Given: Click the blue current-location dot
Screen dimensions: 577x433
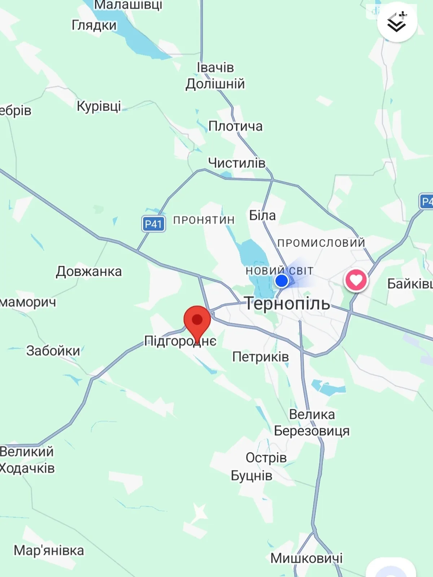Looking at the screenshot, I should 281,281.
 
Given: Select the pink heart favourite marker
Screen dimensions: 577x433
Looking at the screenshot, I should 356,280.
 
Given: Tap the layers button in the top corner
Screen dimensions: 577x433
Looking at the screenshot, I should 397,22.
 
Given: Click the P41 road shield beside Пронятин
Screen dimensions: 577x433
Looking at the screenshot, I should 153,224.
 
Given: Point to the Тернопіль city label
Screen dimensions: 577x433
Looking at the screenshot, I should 287,304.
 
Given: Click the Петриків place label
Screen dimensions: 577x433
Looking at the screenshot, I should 261,357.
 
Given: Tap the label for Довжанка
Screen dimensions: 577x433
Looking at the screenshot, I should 89,272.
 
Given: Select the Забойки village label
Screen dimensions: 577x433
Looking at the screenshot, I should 53,351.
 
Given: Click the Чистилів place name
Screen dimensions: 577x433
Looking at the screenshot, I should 237,163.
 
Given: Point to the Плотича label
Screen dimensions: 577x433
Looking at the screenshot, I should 235,126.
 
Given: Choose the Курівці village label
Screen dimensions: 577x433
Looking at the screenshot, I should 99,106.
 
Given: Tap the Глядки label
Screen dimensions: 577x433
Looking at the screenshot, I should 94,25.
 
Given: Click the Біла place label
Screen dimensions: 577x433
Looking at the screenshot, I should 262,215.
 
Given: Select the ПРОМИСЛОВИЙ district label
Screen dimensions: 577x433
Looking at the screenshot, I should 321,243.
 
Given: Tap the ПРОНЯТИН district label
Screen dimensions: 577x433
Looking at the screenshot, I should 204,220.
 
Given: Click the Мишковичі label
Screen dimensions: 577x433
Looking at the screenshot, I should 306,558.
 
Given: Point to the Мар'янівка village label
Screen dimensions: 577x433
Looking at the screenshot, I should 49,551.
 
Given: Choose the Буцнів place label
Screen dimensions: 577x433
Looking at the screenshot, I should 252,476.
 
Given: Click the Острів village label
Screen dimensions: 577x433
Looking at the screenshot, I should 266,458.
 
